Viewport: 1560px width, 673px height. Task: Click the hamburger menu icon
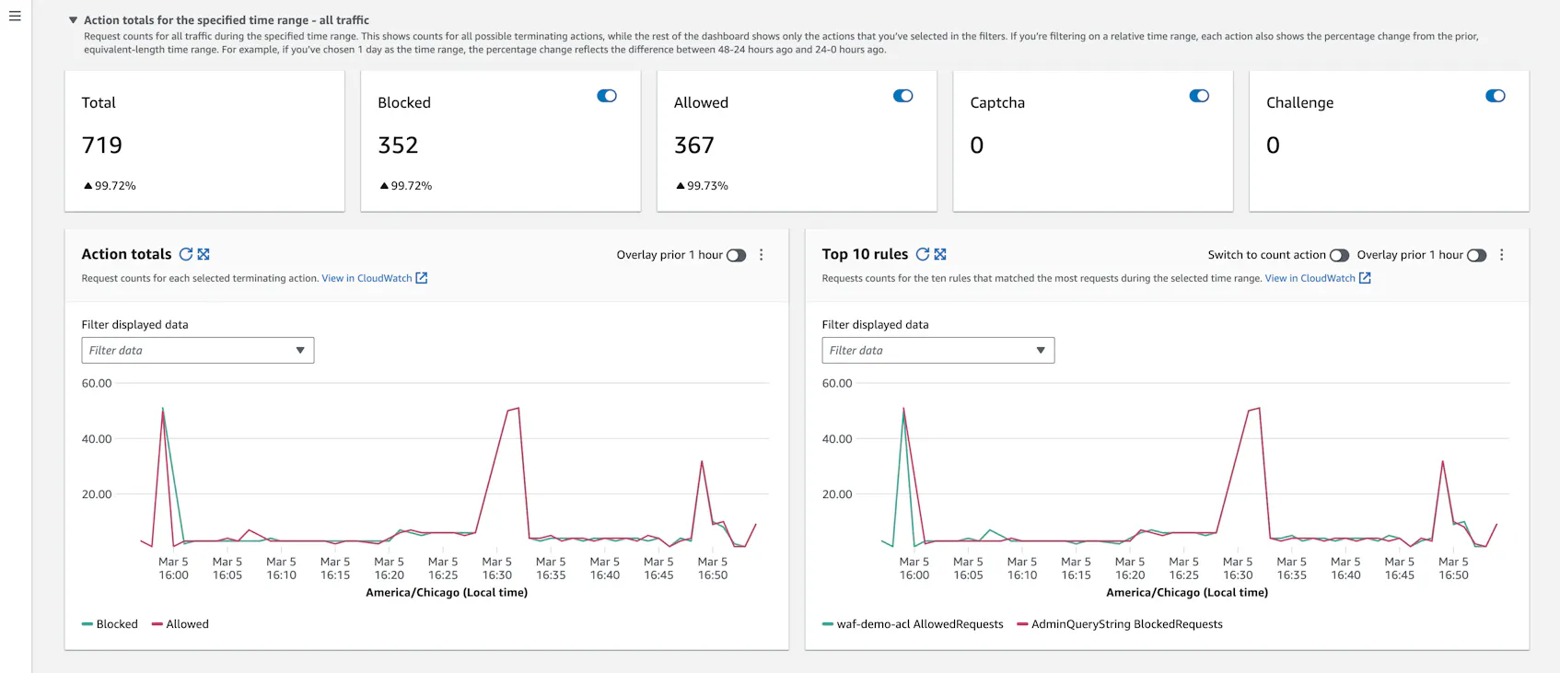(15, 16)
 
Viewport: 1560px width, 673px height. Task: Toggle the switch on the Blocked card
(607, 96)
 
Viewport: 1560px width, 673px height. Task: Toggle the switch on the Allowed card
(903, 96)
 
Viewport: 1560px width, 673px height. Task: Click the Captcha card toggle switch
(1199, 96)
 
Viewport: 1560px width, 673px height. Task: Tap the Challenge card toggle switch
(1496, 96)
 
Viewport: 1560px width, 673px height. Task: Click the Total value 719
(102, 145)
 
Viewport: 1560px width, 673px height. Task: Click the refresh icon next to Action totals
(186, 254)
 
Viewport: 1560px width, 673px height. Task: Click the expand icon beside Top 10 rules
(940, 254)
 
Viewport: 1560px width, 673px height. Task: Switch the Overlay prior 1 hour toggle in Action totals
(736, 255)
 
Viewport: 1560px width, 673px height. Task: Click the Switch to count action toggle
(1339, 255)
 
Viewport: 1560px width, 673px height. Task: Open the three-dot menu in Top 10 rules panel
(1502, 255)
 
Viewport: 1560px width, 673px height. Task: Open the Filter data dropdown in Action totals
(198, 350)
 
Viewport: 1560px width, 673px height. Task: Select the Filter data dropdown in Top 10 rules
(937, 350)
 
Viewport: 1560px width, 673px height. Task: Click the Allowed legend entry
(181, 624)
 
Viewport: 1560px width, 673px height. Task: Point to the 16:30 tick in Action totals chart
(497, 568)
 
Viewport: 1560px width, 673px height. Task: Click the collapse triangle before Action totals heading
(73, 20)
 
